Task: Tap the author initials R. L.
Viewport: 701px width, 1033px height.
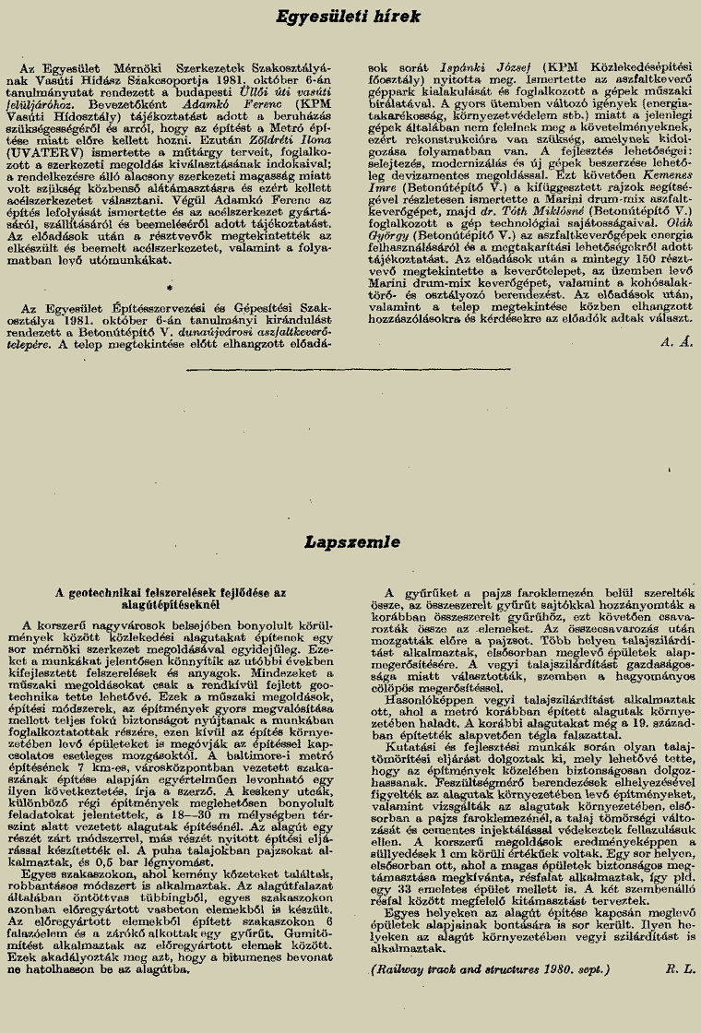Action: pyautogui.click(x=679, y=969)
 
